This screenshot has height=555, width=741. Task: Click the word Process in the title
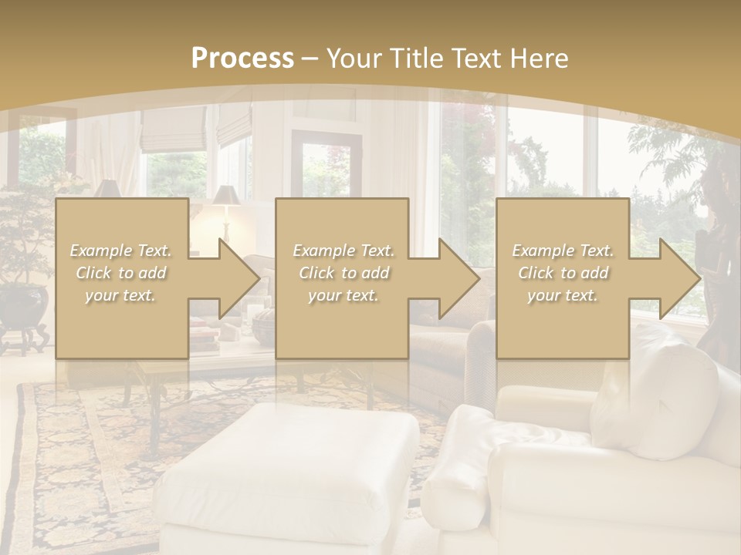point(242,59)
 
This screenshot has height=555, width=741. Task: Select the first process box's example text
point(121,273)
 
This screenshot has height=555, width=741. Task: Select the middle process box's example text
point(343,273)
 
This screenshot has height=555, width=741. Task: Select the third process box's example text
point(563,273)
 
